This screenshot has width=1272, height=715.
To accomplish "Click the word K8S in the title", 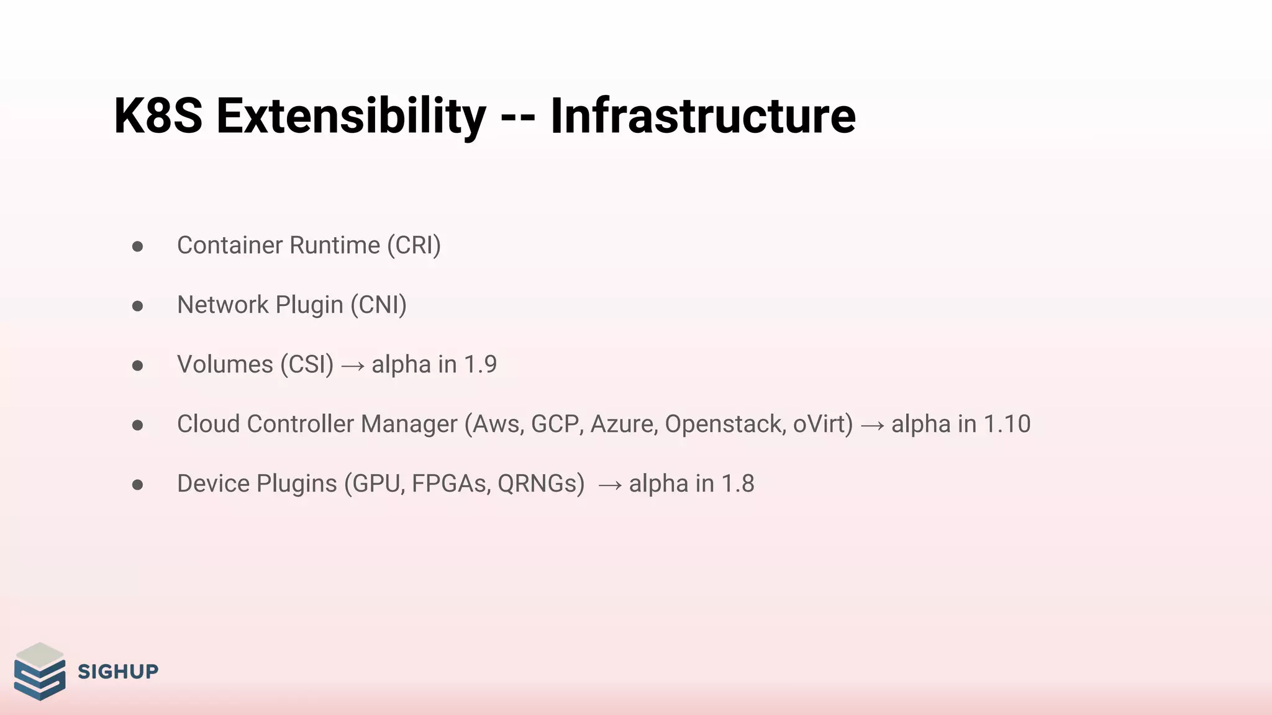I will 158,116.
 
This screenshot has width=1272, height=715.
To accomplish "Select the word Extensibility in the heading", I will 351,116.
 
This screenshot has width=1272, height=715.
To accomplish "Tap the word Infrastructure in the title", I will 702,116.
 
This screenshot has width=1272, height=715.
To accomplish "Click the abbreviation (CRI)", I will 414,246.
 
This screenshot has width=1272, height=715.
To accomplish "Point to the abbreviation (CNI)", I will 378,305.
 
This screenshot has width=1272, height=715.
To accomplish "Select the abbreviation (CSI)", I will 307,365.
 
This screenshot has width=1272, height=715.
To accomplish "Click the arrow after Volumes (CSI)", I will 353,366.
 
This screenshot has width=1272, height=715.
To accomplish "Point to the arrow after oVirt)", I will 872,426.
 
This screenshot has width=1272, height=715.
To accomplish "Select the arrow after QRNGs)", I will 609,485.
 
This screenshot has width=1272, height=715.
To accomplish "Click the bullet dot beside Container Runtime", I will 138,247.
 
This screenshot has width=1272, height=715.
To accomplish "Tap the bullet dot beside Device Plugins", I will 138,485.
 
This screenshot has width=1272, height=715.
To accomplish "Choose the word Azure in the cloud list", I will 624,425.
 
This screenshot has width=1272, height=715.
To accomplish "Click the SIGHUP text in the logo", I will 118,672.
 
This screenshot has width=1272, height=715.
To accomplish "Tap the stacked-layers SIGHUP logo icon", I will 40,672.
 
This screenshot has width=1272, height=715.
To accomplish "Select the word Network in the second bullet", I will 222,305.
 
